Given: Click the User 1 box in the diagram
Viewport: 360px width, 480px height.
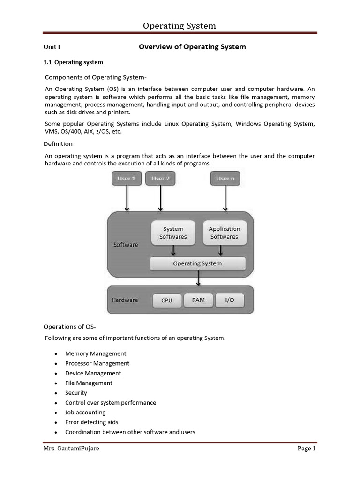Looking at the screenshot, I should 126,179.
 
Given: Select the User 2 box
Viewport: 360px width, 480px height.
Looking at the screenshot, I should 160,179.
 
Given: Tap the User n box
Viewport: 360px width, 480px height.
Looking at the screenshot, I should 225,179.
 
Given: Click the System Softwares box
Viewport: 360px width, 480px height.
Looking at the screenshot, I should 173,233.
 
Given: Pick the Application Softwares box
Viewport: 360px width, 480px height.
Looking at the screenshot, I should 224,233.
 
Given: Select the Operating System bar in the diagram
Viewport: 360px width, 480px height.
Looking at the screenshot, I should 197,263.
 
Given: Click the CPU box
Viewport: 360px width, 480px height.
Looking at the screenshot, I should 166,300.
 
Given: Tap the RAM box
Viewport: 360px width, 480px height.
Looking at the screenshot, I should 198,300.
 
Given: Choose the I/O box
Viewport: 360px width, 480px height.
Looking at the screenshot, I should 229,300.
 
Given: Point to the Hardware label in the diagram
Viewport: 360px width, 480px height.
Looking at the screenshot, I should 125,300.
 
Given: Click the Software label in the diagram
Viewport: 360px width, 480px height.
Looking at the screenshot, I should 126,245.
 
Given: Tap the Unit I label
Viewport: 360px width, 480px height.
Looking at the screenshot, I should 52,47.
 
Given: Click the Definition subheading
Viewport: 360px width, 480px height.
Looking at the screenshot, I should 58,144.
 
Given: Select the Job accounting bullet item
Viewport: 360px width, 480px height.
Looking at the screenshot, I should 85,412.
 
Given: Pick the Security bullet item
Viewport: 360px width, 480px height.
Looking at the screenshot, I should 76,393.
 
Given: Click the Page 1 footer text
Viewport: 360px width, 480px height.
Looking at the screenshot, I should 307,449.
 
